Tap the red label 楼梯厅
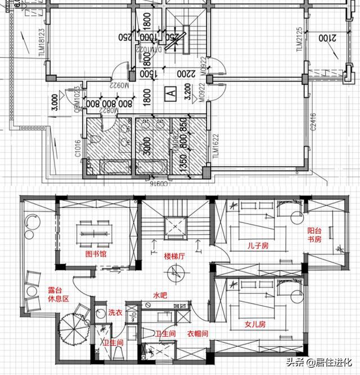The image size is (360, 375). coord(175,256)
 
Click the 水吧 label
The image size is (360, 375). coord(163,294)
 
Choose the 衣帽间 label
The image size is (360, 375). coord(198,334)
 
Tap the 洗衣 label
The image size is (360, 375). coord(115,312)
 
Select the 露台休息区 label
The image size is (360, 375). coord(58,295)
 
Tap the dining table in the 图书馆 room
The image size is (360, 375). coord(93,230)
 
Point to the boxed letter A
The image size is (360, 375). coord(168,91)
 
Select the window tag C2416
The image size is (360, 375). coord(313,124)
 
